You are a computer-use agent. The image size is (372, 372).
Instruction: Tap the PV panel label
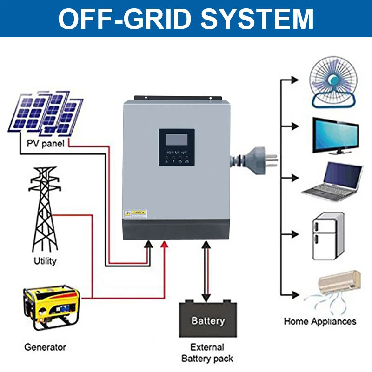pyautogui.click(x=45, y=143)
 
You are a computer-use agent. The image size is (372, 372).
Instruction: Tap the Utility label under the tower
pyautogui.click(x=45, y=261)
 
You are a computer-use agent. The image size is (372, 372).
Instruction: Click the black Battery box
pyautogui.click(x=208, y=320)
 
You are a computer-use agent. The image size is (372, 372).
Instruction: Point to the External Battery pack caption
pyautogui.click(x=207, y=353)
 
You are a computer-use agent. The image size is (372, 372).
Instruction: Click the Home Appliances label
pyautogui.click(x=320, y=321)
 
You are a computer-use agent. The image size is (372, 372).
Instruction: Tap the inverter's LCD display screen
pyautogui.click(x=176, y=139)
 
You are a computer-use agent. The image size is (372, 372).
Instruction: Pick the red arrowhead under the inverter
pyautogui.click(x=164, y=245)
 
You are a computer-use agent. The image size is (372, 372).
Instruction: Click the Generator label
pyautogui.click(x=45, y=347)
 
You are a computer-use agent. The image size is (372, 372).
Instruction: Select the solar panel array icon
pyautogui.click(x=46, y=113)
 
